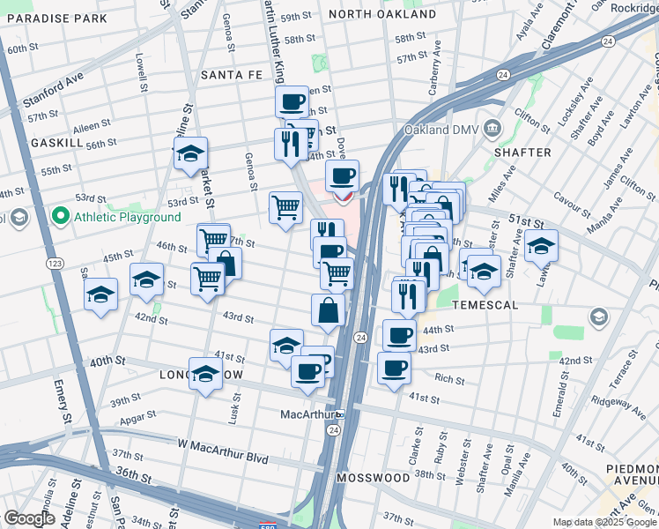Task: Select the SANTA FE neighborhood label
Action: pos(231,76)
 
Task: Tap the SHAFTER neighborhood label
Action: pos(522,153)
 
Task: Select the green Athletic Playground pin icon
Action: pos(60,214)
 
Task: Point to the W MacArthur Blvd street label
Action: pos(222,444)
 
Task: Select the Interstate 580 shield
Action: pos(279,519)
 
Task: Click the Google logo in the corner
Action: pos(29,518)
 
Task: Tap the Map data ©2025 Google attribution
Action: pos(603,522)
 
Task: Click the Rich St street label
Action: pos(448,379)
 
